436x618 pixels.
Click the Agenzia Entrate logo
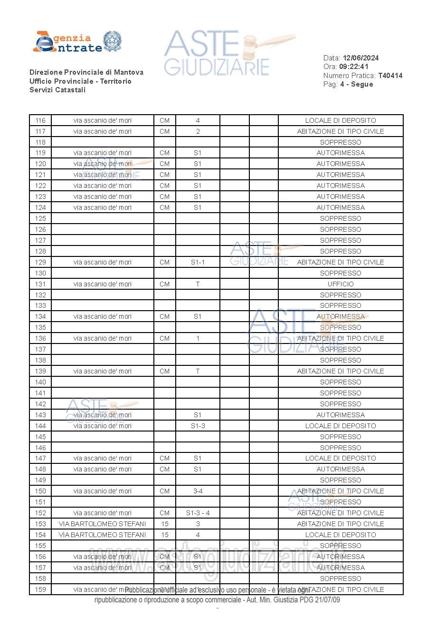(77, 42)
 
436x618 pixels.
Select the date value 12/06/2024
(360, 58)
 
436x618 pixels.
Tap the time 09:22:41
(353, 67)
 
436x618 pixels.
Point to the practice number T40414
(390, 76)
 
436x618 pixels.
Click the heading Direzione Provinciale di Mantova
(86, 72)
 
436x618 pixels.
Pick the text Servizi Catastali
(57, 90)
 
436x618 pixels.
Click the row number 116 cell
(40, 120)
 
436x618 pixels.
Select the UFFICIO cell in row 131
(341, 284)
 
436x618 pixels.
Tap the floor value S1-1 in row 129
(198, 262)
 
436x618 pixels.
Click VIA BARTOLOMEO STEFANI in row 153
(102, 524)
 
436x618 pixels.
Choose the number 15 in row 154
(164, 535)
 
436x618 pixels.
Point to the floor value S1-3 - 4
(198, 513)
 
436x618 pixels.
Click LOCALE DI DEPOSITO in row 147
(341, 458)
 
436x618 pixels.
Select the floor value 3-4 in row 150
(198, 491)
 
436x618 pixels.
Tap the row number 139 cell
(40, 371)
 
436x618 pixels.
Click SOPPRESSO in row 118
(341, 142)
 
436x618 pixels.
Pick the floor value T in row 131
(198, 284)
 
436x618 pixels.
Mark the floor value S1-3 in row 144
(198, 426)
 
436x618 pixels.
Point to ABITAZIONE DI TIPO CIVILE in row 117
(341, 131)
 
